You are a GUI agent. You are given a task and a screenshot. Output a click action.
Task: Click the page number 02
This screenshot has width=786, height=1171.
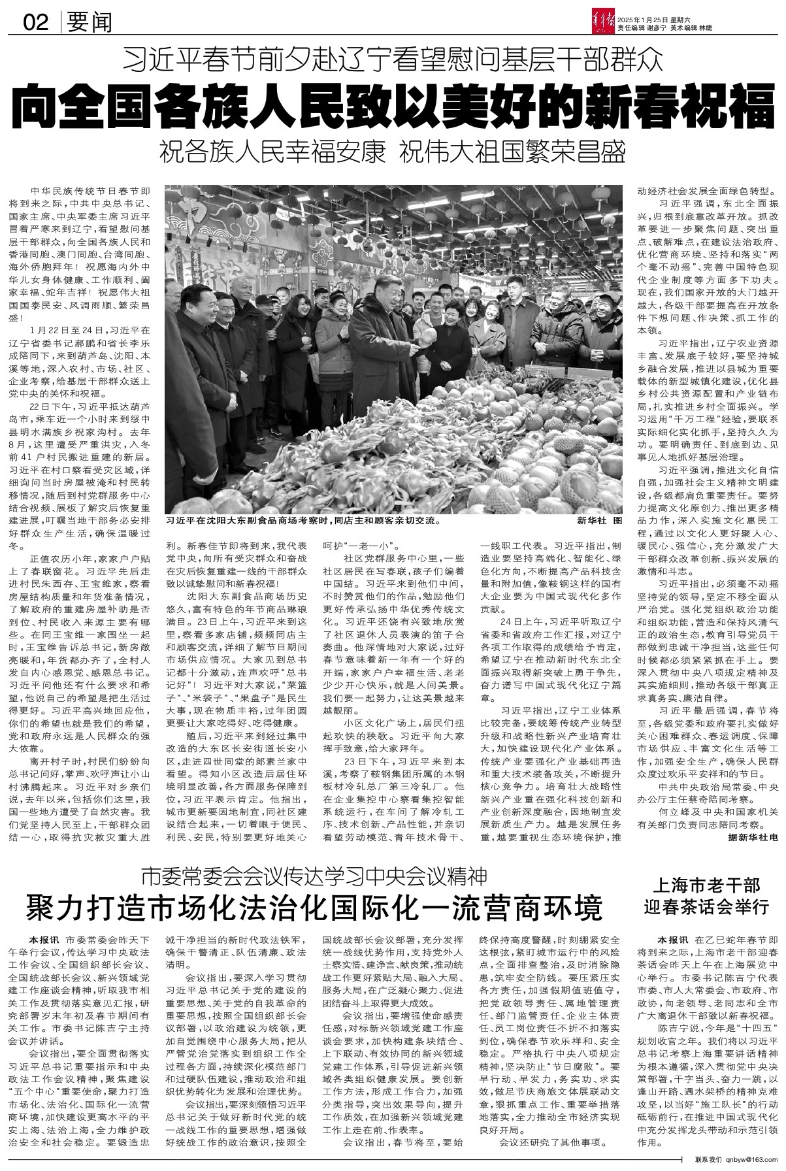[36, 24]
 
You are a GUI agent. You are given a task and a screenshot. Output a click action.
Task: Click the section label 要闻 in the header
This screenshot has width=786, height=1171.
[89, 24]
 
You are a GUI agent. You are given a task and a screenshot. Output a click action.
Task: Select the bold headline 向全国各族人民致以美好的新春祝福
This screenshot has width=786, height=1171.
[393, 105]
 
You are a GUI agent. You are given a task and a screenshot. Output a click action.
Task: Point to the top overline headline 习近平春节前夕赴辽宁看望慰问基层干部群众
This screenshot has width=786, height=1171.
[393, 60]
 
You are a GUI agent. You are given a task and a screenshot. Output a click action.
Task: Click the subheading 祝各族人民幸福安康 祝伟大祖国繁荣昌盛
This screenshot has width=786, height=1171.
[393, 152]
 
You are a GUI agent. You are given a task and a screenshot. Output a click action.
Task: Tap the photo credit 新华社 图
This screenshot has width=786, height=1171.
[599, 521]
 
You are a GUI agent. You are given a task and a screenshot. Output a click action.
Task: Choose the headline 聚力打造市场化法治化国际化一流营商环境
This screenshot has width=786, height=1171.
[314, 908]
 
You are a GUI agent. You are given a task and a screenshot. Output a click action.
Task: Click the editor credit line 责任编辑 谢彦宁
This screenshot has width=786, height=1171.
[655, 28]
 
